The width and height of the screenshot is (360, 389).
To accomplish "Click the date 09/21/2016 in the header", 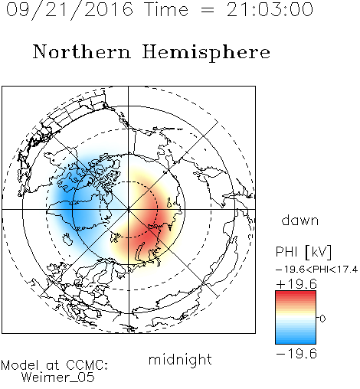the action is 70,10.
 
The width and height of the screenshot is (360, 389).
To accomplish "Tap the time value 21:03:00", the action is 270,9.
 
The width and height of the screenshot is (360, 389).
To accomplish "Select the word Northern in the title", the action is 82,52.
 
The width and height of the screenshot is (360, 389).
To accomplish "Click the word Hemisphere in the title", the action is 206,53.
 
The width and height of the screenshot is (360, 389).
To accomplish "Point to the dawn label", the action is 300,221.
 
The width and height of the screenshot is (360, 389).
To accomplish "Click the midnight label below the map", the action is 180,360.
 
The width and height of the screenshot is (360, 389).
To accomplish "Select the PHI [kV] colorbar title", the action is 303,252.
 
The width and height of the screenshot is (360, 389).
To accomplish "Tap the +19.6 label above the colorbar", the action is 296,284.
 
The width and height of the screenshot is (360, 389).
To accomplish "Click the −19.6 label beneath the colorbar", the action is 296,354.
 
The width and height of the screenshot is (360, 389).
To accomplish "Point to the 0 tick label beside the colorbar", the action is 322,319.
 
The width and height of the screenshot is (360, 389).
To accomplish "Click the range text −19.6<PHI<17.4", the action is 316,270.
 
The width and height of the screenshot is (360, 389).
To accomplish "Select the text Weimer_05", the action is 58,378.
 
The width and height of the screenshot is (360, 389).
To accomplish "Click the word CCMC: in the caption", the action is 87,365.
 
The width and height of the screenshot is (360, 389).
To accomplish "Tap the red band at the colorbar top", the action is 296,294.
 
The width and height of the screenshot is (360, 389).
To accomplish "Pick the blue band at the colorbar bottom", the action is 296,341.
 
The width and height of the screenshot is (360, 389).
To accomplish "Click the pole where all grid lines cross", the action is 129,209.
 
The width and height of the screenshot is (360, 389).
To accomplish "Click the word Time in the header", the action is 166,9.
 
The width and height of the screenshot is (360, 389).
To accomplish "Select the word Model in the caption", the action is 20,365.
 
